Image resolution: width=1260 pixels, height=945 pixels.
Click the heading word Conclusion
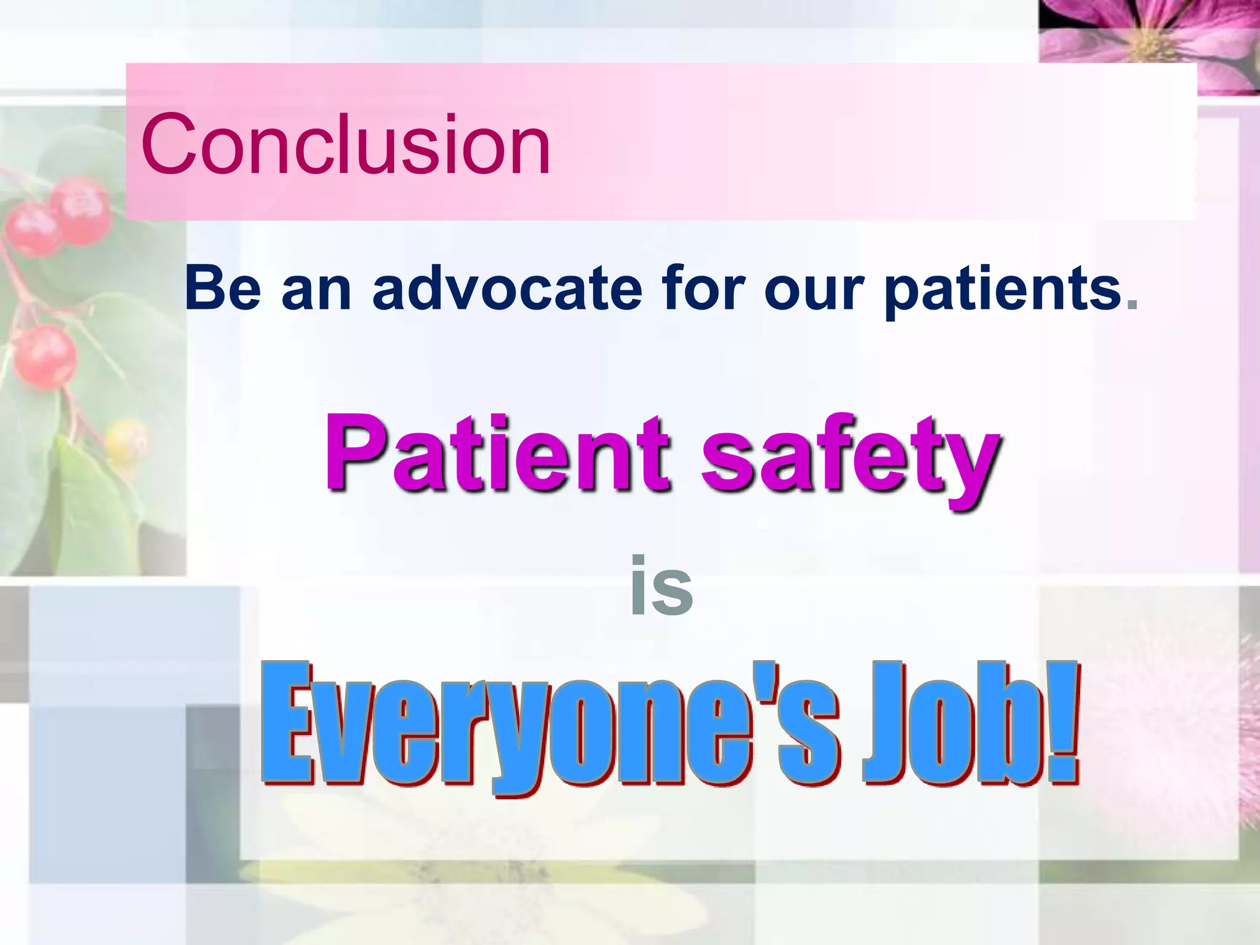[x=346, y=145]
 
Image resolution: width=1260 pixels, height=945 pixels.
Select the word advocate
[x=507, y=287]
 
